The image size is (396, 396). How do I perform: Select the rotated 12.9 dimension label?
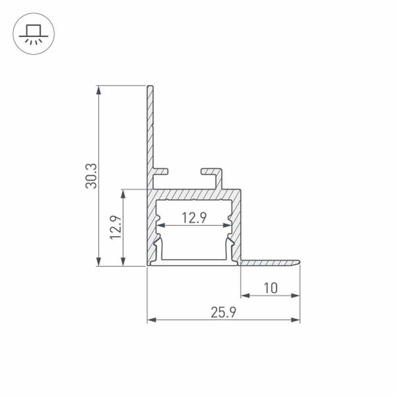[x=116, y=227]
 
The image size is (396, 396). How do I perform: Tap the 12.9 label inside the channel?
[x=194, y=217]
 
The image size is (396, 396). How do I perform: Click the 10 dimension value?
[x=271, y=288]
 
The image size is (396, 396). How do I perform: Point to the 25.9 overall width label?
[x=223, y=313]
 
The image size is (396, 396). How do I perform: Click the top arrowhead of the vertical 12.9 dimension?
[x=124, y=194]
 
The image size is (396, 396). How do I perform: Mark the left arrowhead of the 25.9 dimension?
[x=151, y=320]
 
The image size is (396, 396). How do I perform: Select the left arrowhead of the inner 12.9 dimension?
[x=160, y=226]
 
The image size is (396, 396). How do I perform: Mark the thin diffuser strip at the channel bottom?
[x=194, y=263]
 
